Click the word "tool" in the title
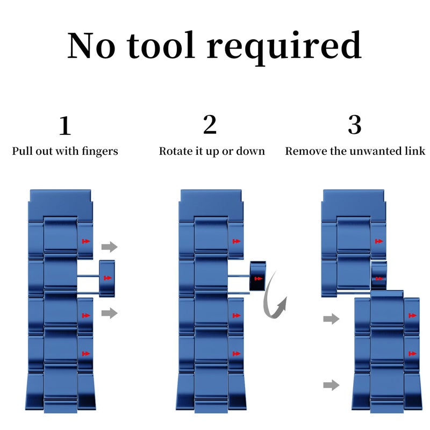coord(161,46)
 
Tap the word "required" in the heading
coord(284,48)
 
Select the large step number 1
coord(65,126)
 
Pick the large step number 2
coord(210,125)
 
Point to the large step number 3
coord(355,125)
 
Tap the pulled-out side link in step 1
coord(107,278)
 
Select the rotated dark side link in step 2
coord(258,276)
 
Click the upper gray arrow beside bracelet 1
coord(110,247)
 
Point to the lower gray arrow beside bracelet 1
coord(110,313)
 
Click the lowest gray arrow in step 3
coord(331,385)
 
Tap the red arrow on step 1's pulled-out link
coord(108,278)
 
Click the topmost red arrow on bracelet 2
coord(236,241)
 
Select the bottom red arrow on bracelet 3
coord(412,354)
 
